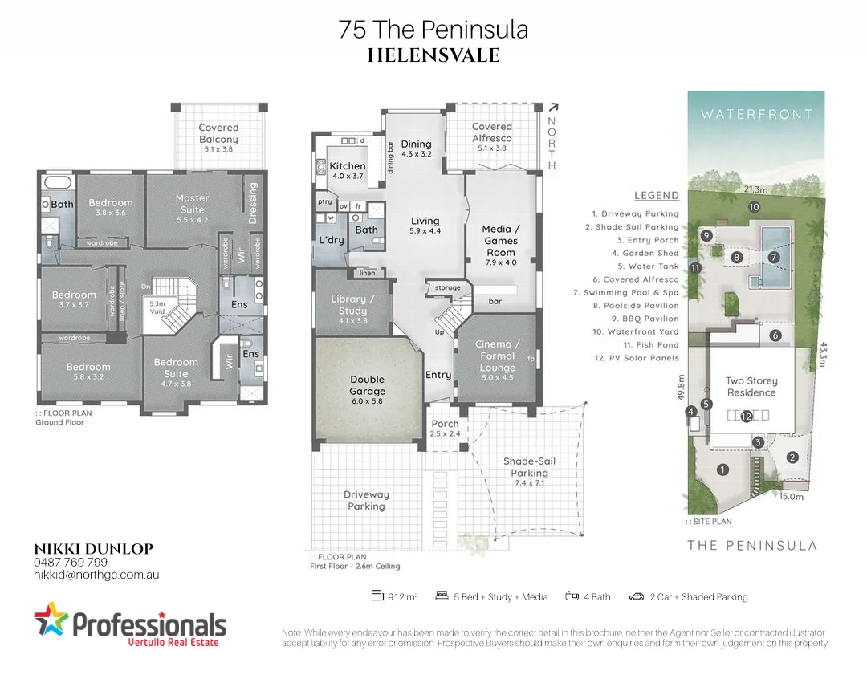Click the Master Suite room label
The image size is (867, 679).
192,203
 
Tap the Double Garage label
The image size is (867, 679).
367,385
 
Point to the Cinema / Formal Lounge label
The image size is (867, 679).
497,356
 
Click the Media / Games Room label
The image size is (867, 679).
500,241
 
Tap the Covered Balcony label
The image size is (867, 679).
218,133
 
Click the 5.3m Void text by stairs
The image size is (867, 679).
158,307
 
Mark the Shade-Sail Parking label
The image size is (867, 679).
529,467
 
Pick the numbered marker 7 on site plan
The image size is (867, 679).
774,257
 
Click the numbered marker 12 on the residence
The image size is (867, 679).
747,416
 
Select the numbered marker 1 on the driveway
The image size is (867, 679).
722,470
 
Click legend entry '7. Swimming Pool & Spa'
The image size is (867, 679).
625,293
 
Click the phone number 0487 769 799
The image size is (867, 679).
71,562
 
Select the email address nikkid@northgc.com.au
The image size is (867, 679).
96,575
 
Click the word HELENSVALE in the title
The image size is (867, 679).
433,55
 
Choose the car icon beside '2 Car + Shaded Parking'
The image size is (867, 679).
637,596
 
